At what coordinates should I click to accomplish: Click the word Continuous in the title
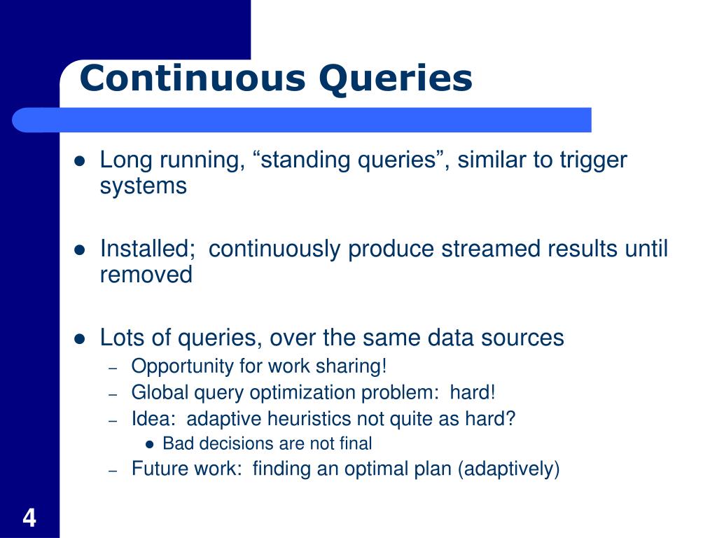click(x=193, y=78)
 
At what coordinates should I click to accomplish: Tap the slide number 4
click(x=29, y=518)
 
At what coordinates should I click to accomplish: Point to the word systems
click(x=144, y=186)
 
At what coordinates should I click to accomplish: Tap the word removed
click(x=146, y=275)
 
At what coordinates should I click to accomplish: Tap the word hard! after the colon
click(x=473, y=392)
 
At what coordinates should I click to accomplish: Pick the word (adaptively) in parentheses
click(x=508, y=469)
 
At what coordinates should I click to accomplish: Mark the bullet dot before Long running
click(x=80, y=161)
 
